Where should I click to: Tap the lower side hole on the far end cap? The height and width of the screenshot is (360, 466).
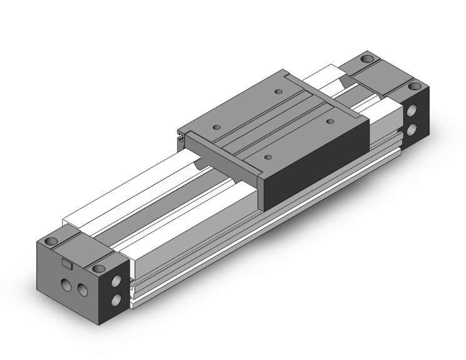click(413, 129)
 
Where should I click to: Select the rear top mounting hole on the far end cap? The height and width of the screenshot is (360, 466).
click(366, 61)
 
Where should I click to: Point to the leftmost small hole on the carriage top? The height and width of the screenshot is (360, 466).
click(217, 127)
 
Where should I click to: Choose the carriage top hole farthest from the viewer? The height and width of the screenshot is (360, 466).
click(276, 93)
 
